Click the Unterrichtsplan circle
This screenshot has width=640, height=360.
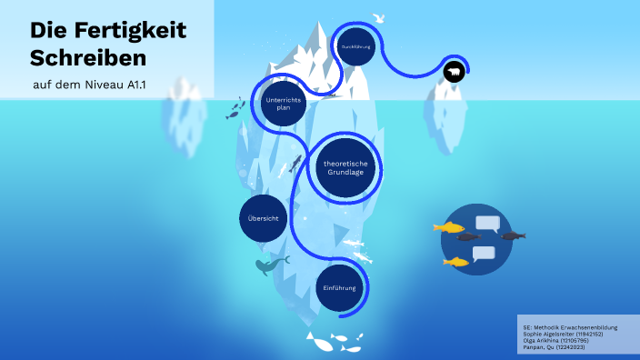[283, 104]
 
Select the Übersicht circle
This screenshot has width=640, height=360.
[264, 220]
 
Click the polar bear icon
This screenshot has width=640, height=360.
[454, 72]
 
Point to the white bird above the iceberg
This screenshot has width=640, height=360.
[378, 16]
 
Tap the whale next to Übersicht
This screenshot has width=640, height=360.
[269, 265]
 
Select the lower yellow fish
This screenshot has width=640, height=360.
[455, 262]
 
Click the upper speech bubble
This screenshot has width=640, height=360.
[488, 224]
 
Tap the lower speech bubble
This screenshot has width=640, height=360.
[484, 254]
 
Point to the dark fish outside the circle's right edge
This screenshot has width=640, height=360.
[513, 236]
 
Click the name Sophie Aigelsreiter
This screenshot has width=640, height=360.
[548, 334]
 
